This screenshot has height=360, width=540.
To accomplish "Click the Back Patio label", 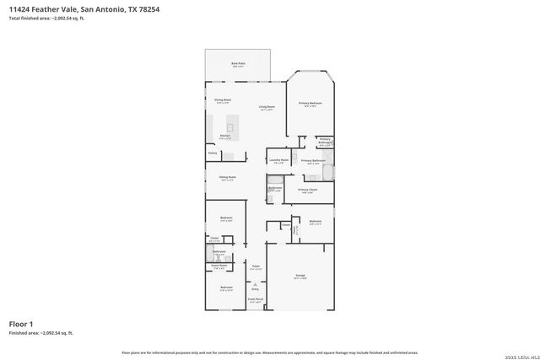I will [238, 63].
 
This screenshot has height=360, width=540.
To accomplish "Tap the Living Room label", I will [267, 107].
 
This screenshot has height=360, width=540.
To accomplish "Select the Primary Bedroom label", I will [310, 104].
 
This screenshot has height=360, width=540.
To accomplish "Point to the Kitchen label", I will [225, 136].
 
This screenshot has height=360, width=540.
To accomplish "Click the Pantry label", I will [213, 153].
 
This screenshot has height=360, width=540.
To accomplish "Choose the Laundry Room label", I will [278, 160].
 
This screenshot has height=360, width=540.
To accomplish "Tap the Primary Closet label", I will [307, 191].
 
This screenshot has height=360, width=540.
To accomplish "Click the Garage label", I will [300, 276].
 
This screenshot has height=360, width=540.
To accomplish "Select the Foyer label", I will [255, 266].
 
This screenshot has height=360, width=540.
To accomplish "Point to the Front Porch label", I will [255, 298].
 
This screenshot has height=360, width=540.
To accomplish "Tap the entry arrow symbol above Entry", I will [255, 284].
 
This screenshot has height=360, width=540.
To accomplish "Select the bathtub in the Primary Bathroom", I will [328, 172].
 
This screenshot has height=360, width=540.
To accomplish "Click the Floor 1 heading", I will [21, 324].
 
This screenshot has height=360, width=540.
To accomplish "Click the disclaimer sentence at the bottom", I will [270, 352].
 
